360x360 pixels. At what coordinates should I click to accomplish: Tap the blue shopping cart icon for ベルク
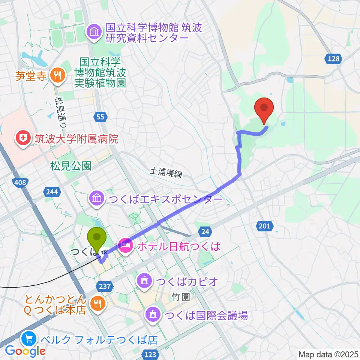click(x=29, y=339)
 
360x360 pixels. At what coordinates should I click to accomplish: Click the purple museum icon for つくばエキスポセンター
click(x=97, y=198)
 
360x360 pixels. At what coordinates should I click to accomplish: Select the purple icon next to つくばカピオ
click(x=145, y=281)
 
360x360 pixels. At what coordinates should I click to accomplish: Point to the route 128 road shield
click(x=333, y=59)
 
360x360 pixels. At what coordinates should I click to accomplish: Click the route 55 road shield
click(x=100, y=117)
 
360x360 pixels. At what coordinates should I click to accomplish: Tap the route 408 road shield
click(x=21, y=183)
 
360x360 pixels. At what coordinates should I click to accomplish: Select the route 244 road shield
click(x=52, y=192)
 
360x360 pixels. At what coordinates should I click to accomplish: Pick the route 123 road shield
click(x=150, y=354)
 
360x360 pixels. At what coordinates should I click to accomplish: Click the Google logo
click(x=25, y=351)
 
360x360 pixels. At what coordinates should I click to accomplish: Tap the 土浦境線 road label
click(x=166, y=173)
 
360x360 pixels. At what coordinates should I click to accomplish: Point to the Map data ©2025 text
click(x=328, y=354)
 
